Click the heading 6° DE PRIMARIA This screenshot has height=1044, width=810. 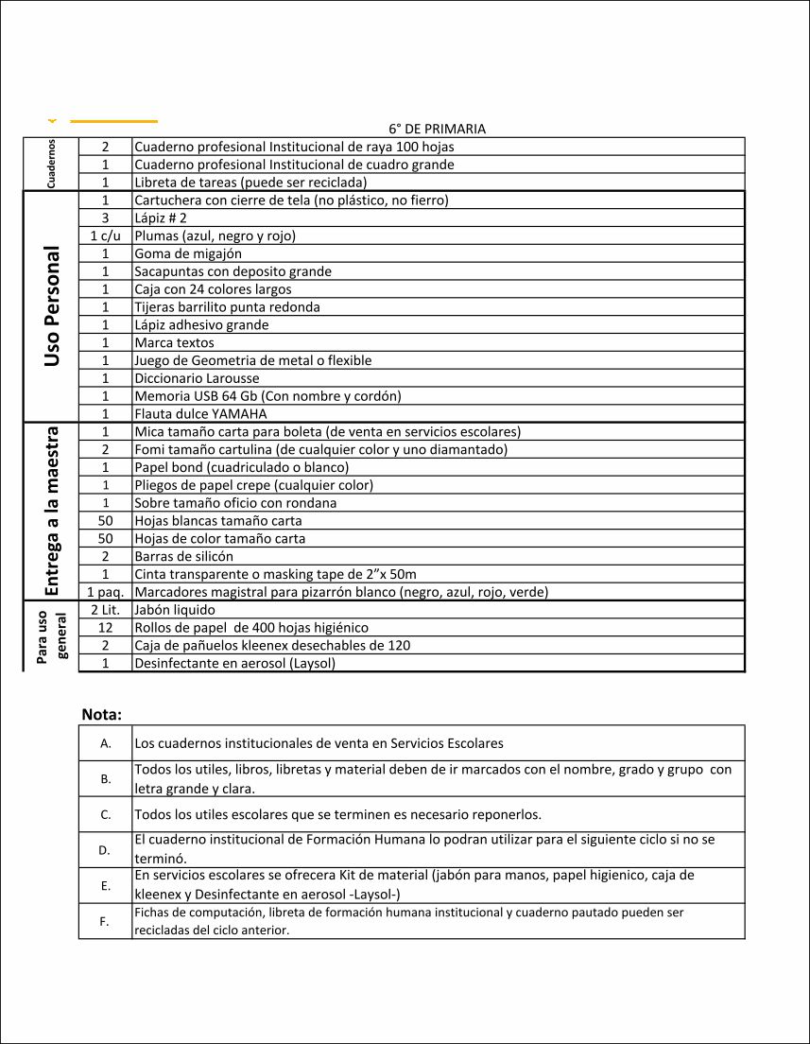(x=437, y=129)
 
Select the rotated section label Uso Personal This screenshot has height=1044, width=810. (x=52, y=306)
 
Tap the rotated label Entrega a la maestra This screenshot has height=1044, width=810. (x=52, y=511)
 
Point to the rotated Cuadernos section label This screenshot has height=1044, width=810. (x=50, y=164)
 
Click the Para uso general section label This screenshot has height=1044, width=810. (x=52, y=635)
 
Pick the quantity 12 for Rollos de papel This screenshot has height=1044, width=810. (x=106, y=628)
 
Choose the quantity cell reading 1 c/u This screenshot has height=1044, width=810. (x=106, y=235)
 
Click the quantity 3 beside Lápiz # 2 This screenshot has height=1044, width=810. (x=106, y=217)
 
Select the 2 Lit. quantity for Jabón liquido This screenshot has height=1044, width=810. (x=106, y=610)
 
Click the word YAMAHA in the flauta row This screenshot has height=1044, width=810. (x=235, y=414)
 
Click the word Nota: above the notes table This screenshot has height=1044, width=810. (x=102, y=714)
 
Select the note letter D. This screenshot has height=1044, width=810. (x=106, y=850)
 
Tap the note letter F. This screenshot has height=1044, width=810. (x=106, y=921)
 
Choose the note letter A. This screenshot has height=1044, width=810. (x=106, y=743)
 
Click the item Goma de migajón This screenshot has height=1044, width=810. (x=188, y=253)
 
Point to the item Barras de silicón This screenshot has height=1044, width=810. (x=183, y=556)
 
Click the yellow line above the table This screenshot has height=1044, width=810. (x=114, y=121)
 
